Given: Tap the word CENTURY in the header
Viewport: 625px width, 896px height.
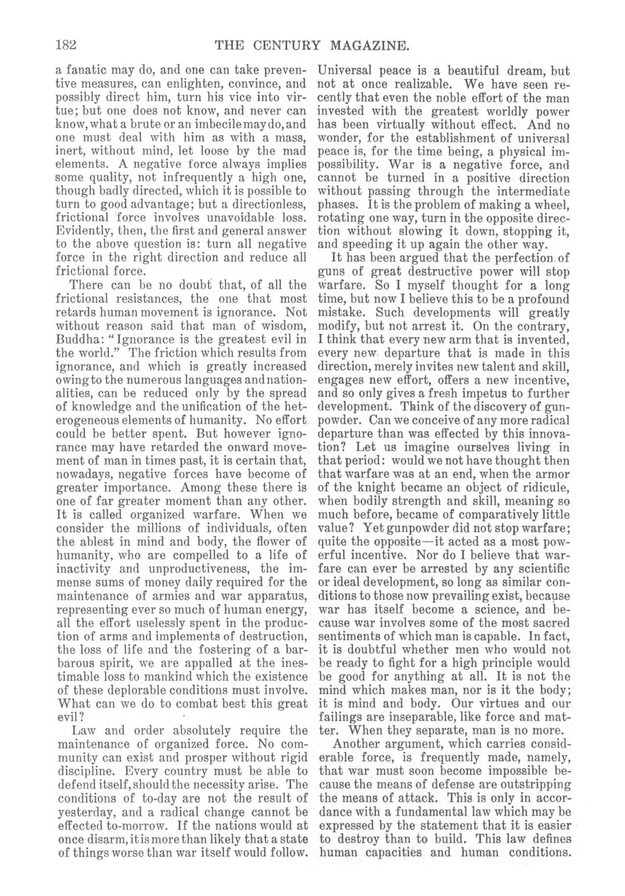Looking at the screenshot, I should [285, 46].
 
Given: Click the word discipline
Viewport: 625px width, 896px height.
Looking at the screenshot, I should [83, 771].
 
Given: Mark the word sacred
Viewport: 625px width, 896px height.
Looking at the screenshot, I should [552, 623].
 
